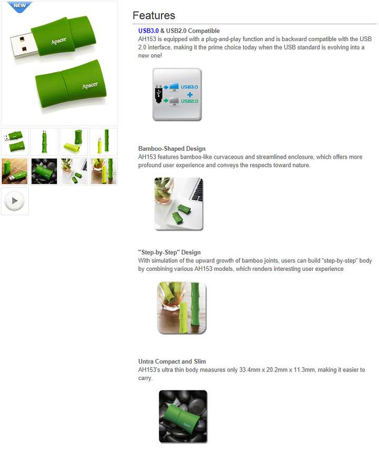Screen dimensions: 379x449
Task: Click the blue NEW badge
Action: click(19, 6)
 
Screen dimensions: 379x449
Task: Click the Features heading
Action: click(154, 15)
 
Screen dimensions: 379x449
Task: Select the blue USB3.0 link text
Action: click(148, 31)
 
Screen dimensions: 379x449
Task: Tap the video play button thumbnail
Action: click(15, 201)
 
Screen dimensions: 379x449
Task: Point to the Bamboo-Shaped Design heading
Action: click(172, 149)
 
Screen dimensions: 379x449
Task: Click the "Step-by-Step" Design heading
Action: click(169, 252)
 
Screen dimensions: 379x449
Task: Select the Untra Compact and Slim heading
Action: click(172, 362)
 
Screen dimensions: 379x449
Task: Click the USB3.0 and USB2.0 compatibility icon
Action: click(177, 94)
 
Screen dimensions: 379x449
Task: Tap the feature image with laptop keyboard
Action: click(179, 203)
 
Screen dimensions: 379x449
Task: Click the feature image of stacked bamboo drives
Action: click(182, 308)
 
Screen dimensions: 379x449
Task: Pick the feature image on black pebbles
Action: click(183, 416)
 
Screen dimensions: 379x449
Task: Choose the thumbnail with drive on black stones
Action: click(44, 171)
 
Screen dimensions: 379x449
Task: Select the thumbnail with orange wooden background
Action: click(15, 171)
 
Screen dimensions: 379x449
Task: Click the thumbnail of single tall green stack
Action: click(44, 141)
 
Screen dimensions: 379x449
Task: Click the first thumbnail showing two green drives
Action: click(15, 141)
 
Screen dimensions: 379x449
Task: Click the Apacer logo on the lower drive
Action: click(90, 85)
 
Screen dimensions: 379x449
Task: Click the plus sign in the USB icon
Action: click(190, 94)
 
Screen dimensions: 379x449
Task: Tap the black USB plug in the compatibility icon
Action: click(158, 93)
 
